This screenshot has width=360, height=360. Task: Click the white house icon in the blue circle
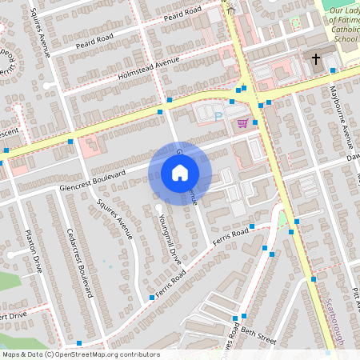[180, 172]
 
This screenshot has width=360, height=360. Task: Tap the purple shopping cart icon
[242, 123]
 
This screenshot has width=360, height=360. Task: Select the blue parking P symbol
[218, 117]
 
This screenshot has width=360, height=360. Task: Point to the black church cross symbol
[315, 59]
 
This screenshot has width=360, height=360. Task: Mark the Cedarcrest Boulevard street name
[82, 256]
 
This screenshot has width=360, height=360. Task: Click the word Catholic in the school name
[344, 29]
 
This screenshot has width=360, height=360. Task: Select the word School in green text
[346, 38]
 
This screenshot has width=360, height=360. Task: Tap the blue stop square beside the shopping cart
[254, 122]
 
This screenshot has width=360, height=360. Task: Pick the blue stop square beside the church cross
[332, 70]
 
